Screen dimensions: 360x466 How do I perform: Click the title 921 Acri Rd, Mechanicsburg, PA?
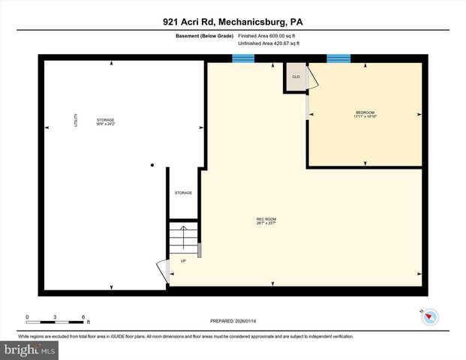[233, 22]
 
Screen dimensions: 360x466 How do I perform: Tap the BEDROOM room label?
[365, 112]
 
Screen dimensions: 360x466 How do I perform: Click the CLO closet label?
[296, 77]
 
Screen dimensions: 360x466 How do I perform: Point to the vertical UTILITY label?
[76, 120]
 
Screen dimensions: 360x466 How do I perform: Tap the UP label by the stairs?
[183, 261]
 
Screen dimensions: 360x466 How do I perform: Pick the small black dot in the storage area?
[152, 165]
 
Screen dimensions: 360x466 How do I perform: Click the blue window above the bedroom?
[338, 58]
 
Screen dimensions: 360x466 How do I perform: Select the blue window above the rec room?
[242, 58]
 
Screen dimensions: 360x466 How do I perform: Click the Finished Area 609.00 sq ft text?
[267, 35]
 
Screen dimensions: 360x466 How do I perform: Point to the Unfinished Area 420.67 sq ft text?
[269, 43]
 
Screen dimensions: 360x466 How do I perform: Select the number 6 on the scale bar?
[83, 316]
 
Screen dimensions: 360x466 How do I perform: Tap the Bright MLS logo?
[30, 349]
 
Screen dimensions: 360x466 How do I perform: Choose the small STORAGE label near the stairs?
[183, 193]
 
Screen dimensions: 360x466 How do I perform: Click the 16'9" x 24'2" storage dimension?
[105, 124]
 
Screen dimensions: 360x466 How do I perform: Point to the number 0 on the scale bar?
[27, 316]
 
